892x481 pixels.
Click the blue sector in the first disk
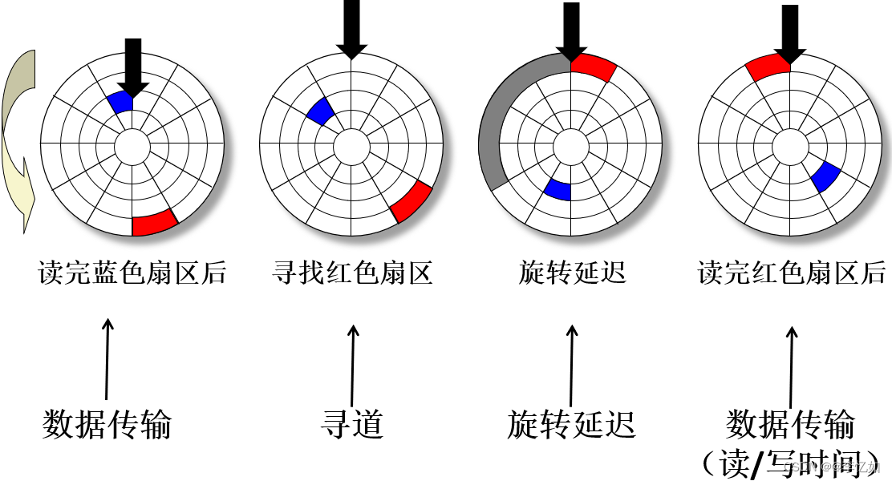click(x=120, y=103)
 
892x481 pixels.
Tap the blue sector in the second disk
click(x=319, y=111)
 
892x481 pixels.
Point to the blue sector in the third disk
click(x=557, y=189)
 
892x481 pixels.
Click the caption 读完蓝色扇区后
click(x=132, y=274)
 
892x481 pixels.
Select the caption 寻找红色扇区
click(x=352, y=274)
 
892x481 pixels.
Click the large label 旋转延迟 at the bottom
click(x=571, y=424)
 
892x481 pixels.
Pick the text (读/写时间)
click(x=790, y=463)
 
